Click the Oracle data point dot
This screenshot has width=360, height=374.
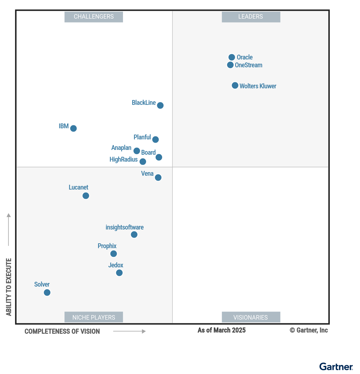[232, 57]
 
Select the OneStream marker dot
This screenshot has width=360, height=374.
[230, 65]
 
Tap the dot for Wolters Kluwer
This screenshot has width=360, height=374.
[235, 86]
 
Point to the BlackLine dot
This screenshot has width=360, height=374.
[160, 105]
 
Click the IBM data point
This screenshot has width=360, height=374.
[73, 128]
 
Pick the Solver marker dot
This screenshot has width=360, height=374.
[47, 293]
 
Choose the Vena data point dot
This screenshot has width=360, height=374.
[158, 178]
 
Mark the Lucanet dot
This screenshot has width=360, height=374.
[86, 196]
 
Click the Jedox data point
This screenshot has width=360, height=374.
[119, 273]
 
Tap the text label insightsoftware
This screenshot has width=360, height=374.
[124, 227]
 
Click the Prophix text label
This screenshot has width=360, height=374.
[107, 246]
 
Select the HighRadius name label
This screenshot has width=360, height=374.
[124, 160]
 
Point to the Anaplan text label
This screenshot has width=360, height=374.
[121, 148]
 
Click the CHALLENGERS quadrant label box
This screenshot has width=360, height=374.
[94, 17]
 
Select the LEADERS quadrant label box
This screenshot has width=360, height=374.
[251, 17]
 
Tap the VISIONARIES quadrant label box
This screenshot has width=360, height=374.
[251, 317]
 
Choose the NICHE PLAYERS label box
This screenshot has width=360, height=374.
[94, 317]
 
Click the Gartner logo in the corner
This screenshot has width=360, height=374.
[336, 367]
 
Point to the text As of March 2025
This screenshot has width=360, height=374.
[221, 330]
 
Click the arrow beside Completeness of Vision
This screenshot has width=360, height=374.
[129, 331]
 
